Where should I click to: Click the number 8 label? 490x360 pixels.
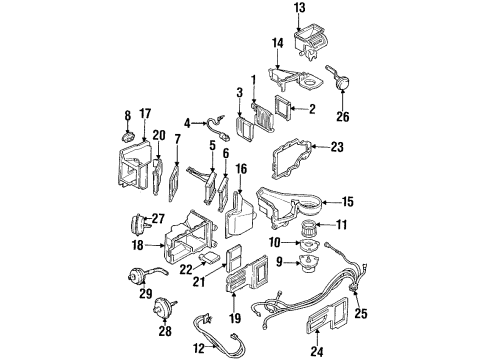pos(127,115)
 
